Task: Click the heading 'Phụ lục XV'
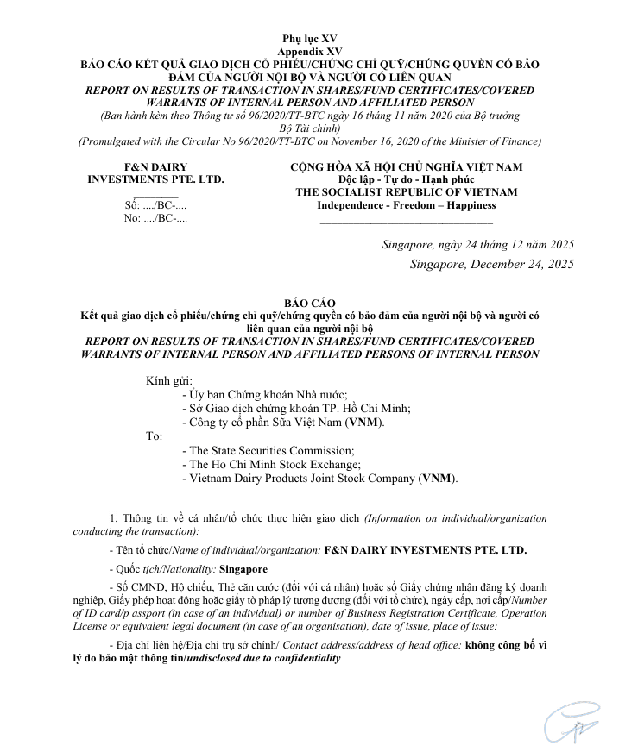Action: pos(310,40)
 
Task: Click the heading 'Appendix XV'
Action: pos(310,52)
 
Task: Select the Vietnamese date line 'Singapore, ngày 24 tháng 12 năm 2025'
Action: pos(477,245)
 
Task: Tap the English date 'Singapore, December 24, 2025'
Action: pos(491,264)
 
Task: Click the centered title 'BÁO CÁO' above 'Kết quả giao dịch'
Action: pos(310,304)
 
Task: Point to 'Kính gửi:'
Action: pos(169,380)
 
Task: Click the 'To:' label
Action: pos(155,436)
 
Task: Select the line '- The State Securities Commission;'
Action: pos(268,450)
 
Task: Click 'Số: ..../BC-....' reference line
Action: pos(156,205)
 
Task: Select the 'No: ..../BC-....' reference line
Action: pos(156,218)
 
